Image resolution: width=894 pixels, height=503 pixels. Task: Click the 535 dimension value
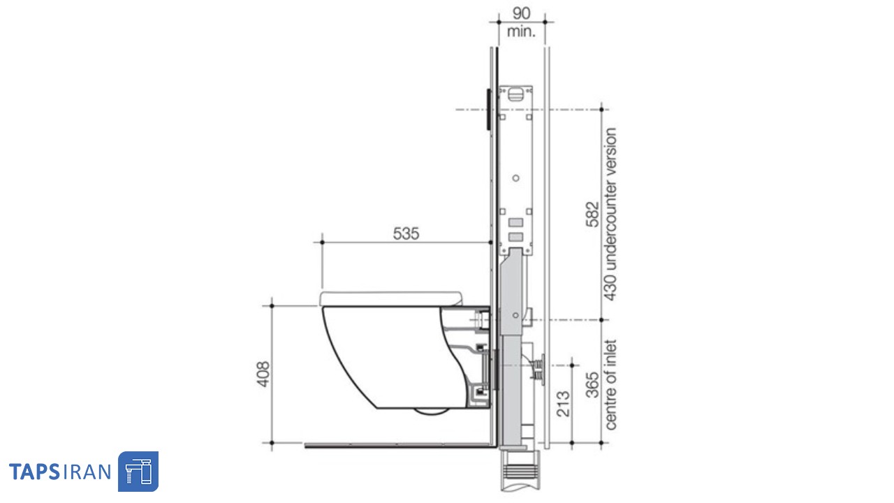pos(406,233)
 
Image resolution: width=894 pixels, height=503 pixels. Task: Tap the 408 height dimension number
pos(263,374)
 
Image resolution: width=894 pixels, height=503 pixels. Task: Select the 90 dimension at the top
pos(521,13)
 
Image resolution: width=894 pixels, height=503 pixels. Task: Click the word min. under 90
pos(521,31)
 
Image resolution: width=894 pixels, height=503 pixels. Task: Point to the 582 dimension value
pos(593,214)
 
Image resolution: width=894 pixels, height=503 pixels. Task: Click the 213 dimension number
pos(563,404)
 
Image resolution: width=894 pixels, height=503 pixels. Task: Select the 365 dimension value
pos(593,385)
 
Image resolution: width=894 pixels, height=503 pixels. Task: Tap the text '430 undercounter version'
pos(610,214)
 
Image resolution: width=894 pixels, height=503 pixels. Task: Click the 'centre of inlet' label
pos(610,385)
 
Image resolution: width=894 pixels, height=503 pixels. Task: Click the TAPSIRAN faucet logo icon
pos(138,472)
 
